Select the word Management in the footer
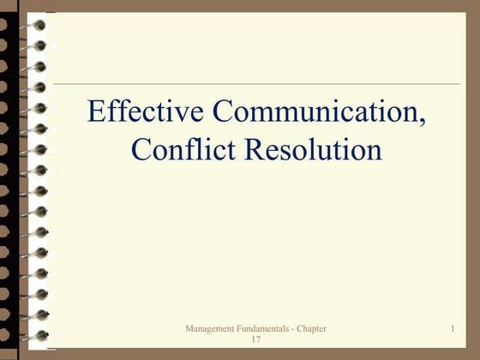coord(209,329)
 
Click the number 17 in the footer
coord(255,340)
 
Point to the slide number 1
coord(451,329)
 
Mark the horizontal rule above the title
coord(257,84)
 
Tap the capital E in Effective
coord(95,111)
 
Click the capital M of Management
coord(189,329)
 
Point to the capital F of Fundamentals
coord(240,329)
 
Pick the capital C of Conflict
coord(141,150)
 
